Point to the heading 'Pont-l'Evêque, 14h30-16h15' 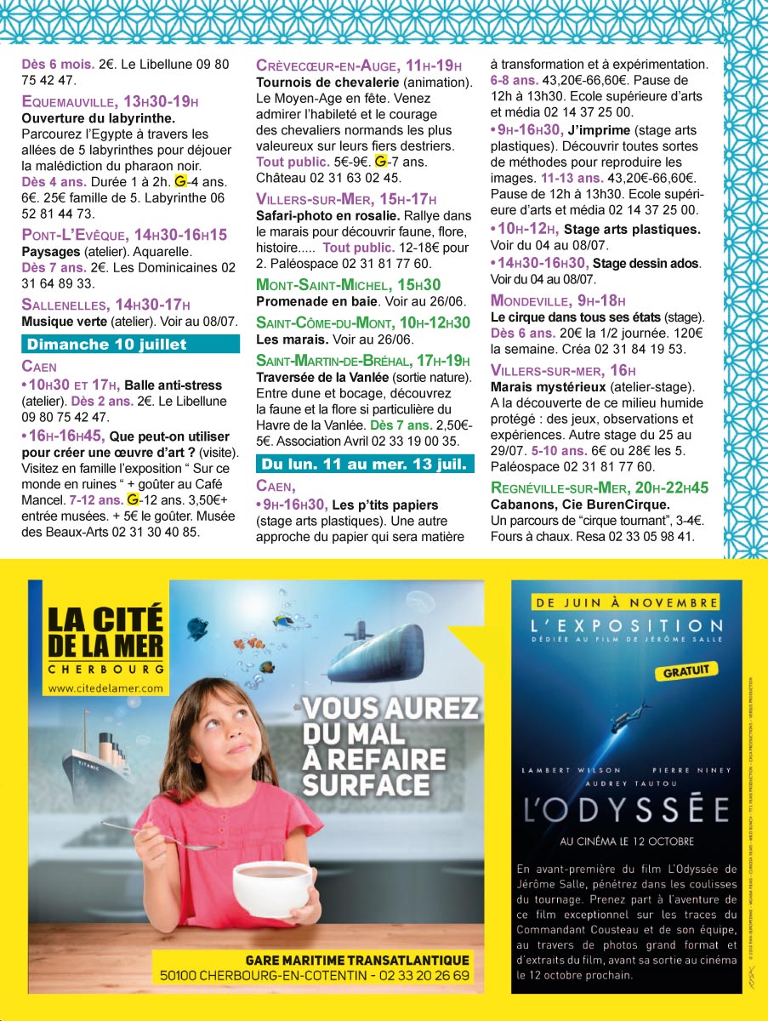click(x=124, y=235)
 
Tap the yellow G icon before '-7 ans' click(x=381, y=161)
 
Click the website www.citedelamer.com click(x=105, y=687)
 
